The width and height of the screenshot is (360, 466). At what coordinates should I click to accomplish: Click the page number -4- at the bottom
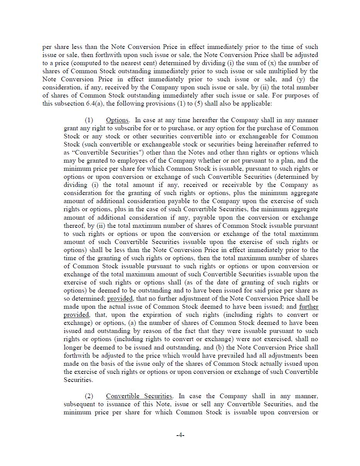click(x=180, y=435)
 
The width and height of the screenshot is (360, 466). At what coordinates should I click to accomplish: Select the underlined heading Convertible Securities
click(x=139, y=396)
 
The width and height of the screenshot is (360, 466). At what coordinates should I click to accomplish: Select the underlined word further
click(x=309, y=307)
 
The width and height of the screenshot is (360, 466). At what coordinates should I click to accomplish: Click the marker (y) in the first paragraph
click(x=303, y=79)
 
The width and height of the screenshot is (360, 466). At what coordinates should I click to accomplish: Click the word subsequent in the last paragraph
click(x=81, y=404)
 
